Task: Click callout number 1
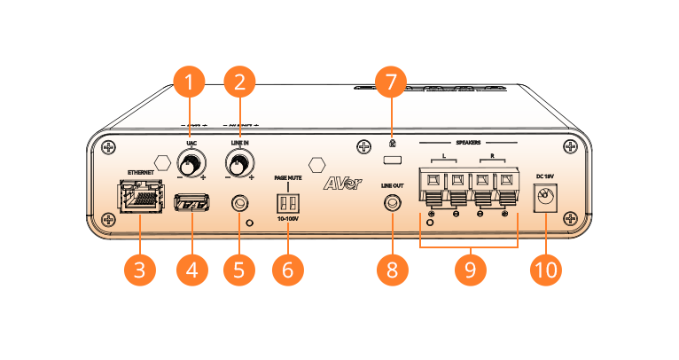click(x=188, y=82)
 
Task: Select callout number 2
click(x=238, y=82)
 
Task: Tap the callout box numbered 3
click(x=139, y=270)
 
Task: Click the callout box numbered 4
click(x=191, y=270)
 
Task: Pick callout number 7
click(x=391, y=82)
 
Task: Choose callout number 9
click(x=470, y=270)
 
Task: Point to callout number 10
click(x=545, y=270)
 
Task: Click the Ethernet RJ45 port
click(x=139, y=197)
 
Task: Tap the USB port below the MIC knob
click(x=191, y=203)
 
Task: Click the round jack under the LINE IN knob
click(x=238, y=203)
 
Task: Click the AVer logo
click(x=340, y=184)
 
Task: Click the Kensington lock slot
click(x=391, y=160)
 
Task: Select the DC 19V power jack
click(x=546, y=200)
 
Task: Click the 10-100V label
click(x=287, y=217)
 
